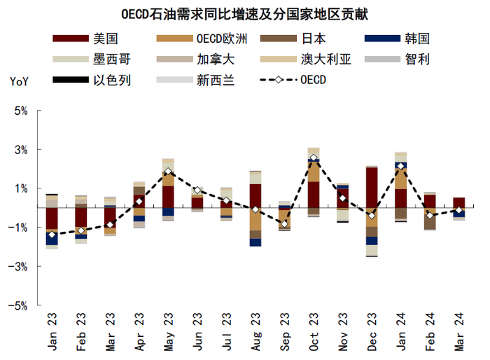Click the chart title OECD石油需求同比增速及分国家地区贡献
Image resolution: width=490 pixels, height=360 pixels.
click(245, 12)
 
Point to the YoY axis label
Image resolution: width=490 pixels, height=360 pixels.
click(19, 81)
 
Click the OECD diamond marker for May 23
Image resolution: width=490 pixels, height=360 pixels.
click(168, 172)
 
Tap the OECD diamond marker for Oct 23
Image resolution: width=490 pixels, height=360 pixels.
click(313, 158)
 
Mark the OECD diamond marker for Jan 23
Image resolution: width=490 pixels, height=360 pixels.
click(52, 235)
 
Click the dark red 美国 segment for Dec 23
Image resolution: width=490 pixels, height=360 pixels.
click(371, 187)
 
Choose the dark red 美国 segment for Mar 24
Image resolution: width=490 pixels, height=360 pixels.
click(458, 202)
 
